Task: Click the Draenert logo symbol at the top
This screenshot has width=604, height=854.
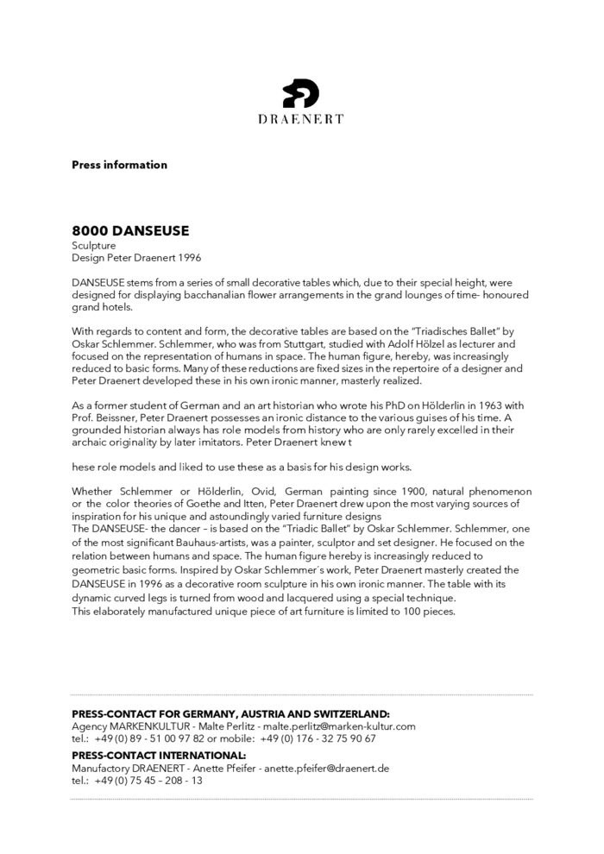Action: [301, 93]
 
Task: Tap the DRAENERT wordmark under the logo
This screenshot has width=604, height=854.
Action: [301, 119]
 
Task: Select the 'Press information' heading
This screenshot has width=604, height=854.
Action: [119, 165]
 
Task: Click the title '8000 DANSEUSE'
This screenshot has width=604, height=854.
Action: [130, 231]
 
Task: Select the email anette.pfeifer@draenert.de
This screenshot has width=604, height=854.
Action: [326, 768]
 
